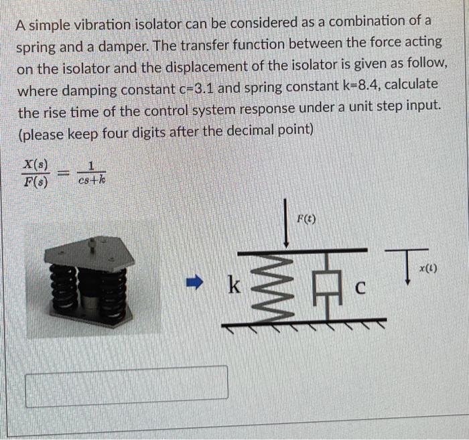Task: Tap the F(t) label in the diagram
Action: (306, 219)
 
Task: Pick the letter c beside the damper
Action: (359, 289)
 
